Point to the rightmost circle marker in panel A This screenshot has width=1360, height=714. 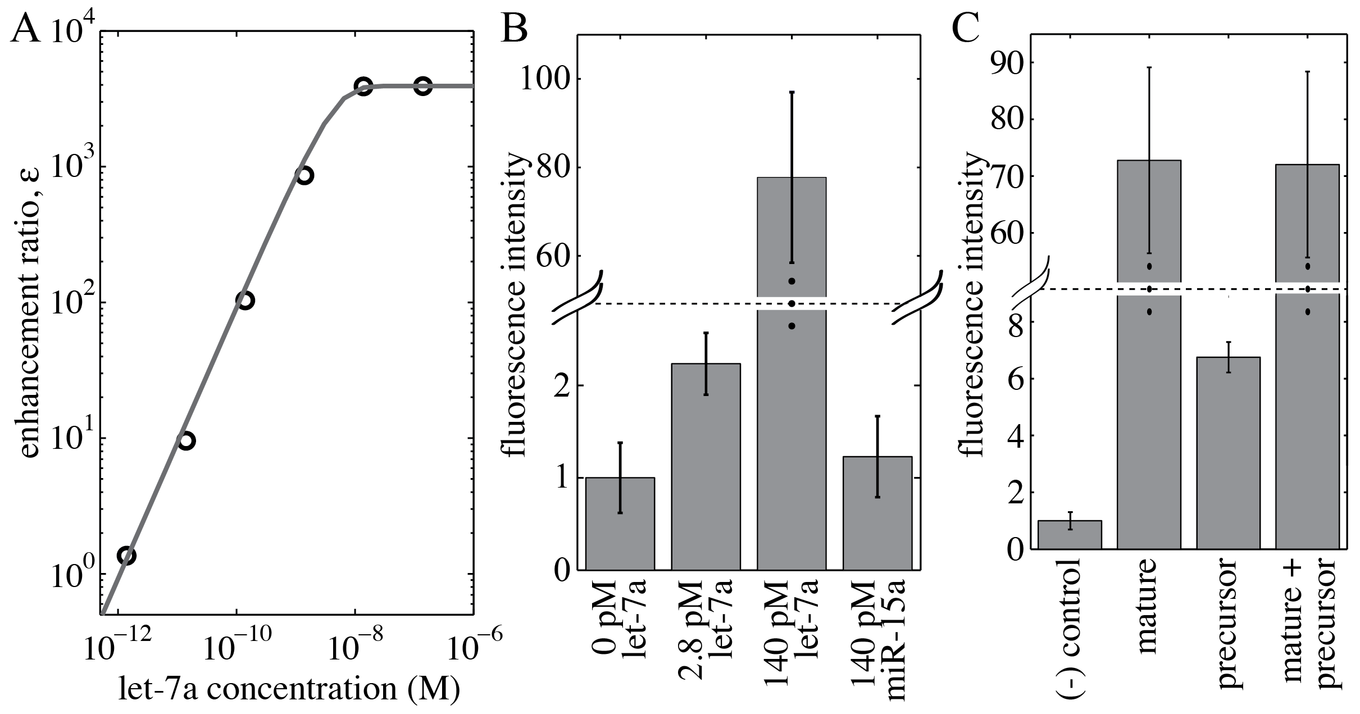click(422, 86)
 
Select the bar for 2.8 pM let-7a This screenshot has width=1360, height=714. click(706, 466)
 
